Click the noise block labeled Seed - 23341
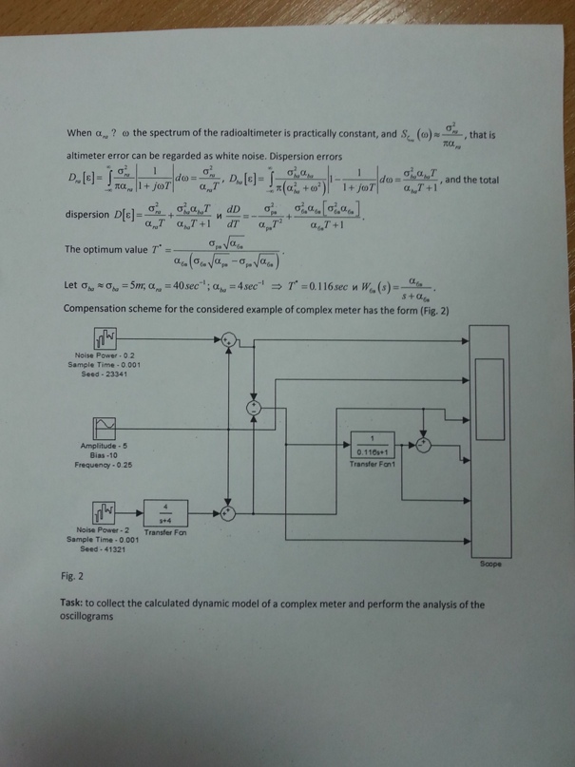pyautogui.click(x=104, y=338)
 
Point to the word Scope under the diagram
pyautogui.click(x=491, y=564)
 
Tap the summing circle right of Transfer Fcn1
pyautogui.click(x=425, y=443)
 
